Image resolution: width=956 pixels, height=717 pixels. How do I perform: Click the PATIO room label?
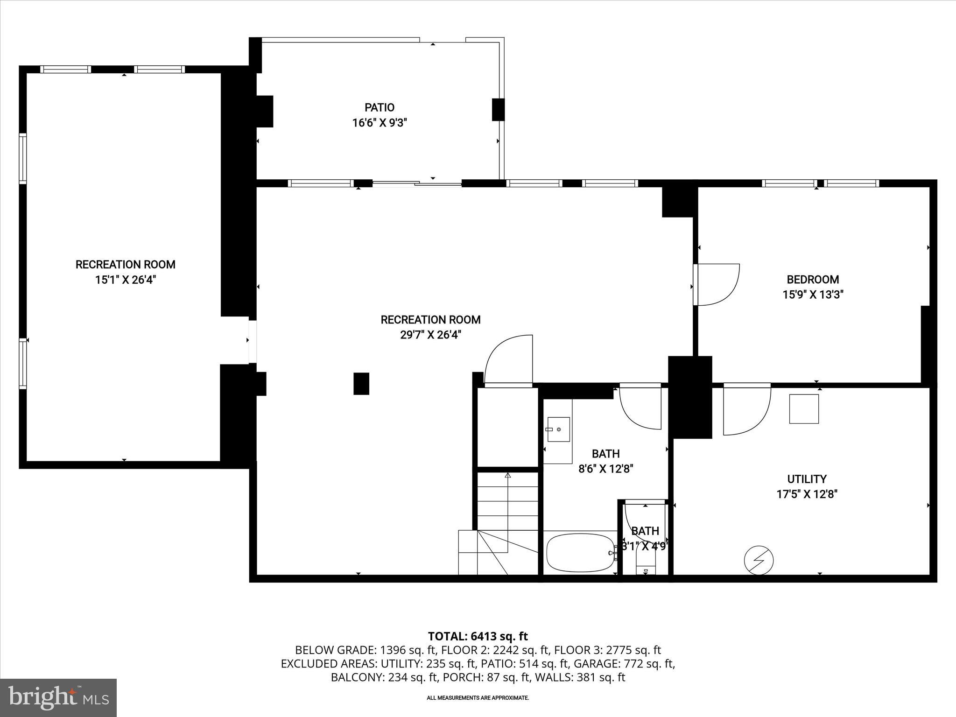click(379, 107)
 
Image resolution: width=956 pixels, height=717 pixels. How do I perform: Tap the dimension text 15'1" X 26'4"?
click(125, 280)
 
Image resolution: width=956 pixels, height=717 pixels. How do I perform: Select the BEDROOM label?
click(813, 279)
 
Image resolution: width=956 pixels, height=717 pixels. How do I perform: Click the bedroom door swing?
click(717, 285)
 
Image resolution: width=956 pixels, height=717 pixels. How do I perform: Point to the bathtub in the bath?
click(580, 552)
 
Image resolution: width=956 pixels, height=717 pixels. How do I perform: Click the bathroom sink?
click(558, 429)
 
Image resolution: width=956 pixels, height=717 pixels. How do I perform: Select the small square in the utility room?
click(804, 409)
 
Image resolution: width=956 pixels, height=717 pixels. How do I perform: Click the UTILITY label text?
click(807, 479)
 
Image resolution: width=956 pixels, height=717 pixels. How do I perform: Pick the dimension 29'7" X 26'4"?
click(430, 335)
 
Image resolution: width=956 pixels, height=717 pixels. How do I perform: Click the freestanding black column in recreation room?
click(361, 383)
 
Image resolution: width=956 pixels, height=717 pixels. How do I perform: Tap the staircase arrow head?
click(507, 476)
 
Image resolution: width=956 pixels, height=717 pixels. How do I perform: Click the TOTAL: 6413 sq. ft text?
click(478, 636)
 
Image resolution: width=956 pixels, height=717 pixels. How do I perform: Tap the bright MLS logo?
click(58, 698)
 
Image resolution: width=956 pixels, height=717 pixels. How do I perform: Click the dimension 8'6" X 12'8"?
click(605, 469)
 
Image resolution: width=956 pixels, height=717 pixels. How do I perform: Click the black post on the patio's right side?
click(498, 110)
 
